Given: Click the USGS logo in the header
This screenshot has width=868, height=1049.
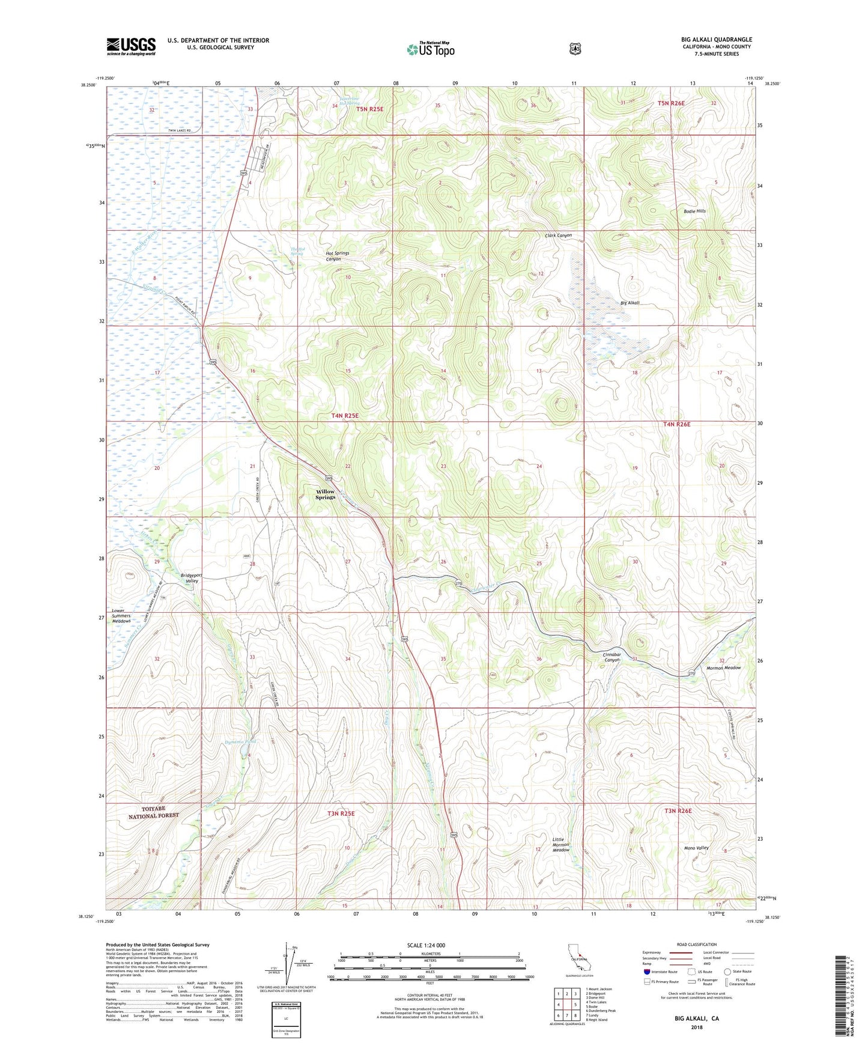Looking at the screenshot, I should point(131,46).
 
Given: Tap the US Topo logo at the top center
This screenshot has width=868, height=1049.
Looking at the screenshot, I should point(430,49).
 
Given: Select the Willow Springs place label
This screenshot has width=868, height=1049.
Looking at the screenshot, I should point(325,494).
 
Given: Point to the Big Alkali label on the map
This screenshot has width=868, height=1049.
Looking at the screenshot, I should point(630,303).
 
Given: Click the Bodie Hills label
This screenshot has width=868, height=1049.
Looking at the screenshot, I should point(694,211).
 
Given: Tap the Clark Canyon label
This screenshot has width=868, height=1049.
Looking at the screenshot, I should point(558,236).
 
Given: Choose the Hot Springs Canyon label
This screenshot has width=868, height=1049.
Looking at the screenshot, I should point(337,256).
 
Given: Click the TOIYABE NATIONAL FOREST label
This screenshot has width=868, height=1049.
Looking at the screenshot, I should point(153,812).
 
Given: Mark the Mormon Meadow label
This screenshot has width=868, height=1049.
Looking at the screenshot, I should point(723,667).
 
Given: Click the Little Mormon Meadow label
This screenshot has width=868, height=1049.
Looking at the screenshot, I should point(560,845).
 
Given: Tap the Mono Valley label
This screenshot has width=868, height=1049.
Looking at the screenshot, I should point(697,848).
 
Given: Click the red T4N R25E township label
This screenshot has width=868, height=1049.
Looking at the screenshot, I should point(348,416).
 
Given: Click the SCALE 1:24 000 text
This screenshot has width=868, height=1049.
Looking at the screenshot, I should point(426,945).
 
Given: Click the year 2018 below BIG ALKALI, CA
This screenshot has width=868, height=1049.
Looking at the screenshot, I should point(696,1027).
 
